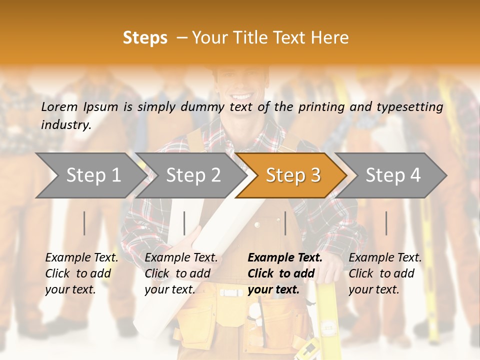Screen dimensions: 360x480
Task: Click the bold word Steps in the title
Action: point(145,38)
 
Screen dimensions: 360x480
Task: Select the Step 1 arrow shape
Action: point(90,175)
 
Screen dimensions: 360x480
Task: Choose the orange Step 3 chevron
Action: point(292,175)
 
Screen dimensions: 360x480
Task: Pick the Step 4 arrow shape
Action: point(393,175)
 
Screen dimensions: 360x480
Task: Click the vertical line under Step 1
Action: point(84,223)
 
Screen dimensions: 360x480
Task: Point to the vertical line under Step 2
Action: point(184,223)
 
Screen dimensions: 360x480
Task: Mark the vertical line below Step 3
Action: point(285,223)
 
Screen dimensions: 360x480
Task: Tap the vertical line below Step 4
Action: point(386,223)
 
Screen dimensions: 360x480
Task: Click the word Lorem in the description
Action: point(59,106)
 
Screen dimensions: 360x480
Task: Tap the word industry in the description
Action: point(65,125)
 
